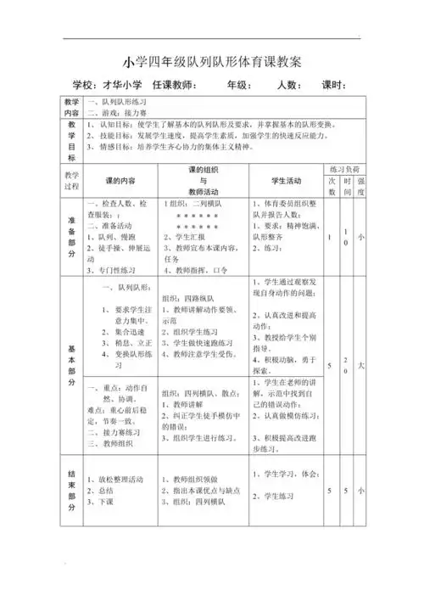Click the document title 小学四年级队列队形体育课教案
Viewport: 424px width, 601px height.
coord(212,63)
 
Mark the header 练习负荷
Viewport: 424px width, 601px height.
coord(345,170)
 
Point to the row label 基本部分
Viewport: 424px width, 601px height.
coord(71,364)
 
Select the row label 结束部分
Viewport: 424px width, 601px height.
coord(71,491)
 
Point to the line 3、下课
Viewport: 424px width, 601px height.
coord(102,502)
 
